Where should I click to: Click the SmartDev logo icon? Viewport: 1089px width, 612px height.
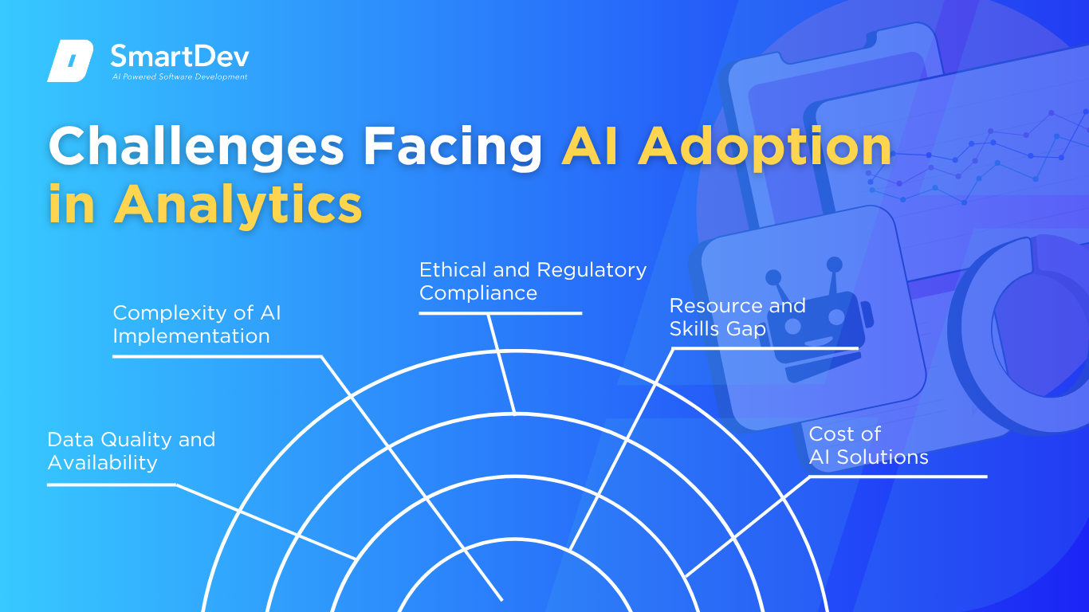click(x=70, y=61)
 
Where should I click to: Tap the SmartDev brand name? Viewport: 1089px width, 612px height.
click(x=180, y=56)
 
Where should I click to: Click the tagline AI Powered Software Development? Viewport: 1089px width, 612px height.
click(x=180, y=76)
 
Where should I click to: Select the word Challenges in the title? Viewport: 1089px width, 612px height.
click(x=196, y=147)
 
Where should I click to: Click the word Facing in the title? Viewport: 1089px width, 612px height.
click(x=453, y=147)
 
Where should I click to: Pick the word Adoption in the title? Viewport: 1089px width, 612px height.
click(x=765, y=147)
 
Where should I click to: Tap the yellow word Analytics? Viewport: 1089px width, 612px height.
click(x=238, y=205)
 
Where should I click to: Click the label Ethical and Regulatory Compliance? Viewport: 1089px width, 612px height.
click(x=533, y=281)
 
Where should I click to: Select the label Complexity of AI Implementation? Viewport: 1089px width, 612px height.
click(x=197, y=324)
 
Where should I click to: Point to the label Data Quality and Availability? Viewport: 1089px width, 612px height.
click(x=132, y=451)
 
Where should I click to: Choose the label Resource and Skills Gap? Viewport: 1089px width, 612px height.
click(x=737, y=317)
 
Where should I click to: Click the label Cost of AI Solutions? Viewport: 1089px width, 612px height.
click(x=868, y=445)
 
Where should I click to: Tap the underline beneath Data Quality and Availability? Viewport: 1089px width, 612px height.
click(x=112, y=484)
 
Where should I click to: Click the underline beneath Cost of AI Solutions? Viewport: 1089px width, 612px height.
click(x=898, y=477)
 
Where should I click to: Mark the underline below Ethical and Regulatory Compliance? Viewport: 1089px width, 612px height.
click(x=501, y=313)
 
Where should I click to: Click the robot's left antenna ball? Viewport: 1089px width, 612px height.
click(x=773, y=277)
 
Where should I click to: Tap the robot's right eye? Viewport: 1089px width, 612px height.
click(x=836, y=317)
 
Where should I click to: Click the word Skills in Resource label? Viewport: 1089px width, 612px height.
click(x=690, y=328)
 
